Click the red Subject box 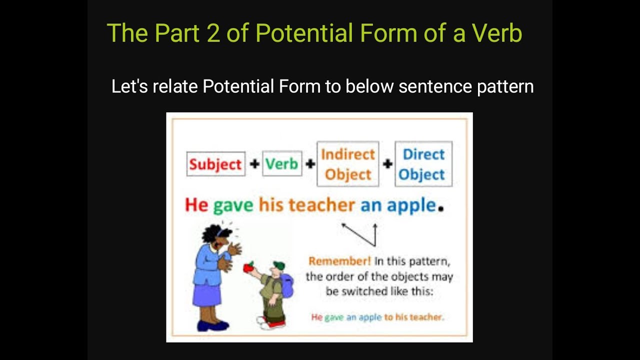pyautogui.click(x=215, y=164)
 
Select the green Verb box pyautogui.click(x=281, y=163)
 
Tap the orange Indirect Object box pyautogui.click(x=347, y=164)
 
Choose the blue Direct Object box pyautogui.click(x=423, y=164)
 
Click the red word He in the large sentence pyautogui.click(x=196, y=205)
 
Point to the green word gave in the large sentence pyautogui.click(x=233, y=205)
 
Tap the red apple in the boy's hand pyautogui.click(x=248, y=267)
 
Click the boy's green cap pyautogui.click(x=278, y=265)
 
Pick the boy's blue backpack pyautogui.click(x=287, y=284)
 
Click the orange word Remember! pyautogui.click(x=332, y=261)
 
